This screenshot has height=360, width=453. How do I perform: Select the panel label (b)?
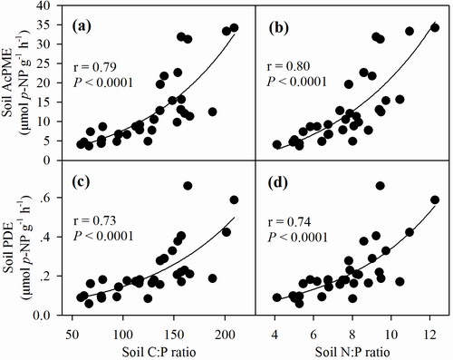[x=279, y=28]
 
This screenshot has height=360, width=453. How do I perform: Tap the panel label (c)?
[x=81, y=182]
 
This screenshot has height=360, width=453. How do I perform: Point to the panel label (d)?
[x=279, y=182]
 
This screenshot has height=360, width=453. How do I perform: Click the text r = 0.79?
[x=95, y=67]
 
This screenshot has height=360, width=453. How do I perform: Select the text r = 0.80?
[x=289, y=66]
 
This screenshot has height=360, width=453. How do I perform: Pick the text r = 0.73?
[x=95, y=220]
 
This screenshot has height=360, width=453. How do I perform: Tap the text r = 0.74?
[x=289, y=222]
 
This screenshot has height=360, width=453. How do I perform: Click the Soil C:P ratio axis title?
[x=159, y=352]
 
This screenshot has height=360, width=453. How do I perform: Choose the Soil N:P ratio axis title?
[x=352, y=352]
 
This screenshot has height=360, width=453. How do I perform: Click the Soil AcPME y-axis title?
[x=8, y=83]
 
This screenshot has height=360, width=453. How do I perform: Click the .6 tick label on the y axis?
[x=53, y=198]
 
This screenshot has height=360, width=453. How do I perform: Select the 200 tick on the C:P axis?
[x=225, y=335]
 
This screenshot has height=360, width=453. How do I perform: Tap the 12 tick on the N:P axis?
[x=430, y=335]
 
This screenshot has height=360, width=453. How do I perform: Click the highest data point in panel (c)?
[x=188, y=186]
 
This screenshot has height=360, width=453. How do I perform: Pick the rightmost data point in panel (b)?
[x=435, y=28]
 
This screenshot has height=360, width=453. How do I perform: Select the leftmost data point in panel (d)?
[x=277, y=297]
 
